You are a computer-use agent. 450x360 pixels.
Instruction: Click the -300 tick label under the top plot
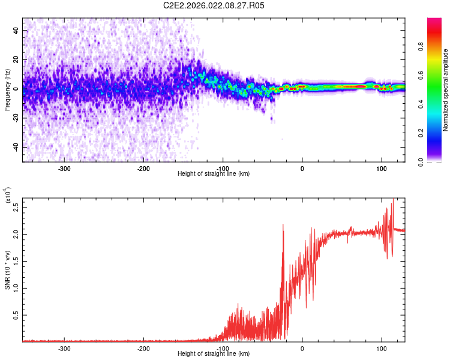[x=64, y=168]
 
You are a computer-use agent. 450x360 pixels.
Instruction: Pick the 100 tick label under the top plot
[x=381, y=168]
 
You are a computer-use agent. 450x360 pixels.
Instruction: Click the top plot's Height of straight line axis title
[x=214, y=174]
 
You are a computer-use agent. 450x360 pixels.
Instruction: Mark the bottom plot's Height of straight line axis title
[x=214, y=354]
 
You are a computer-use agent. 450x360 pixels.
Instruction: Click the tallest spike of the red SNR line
[x=393, y=200]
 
